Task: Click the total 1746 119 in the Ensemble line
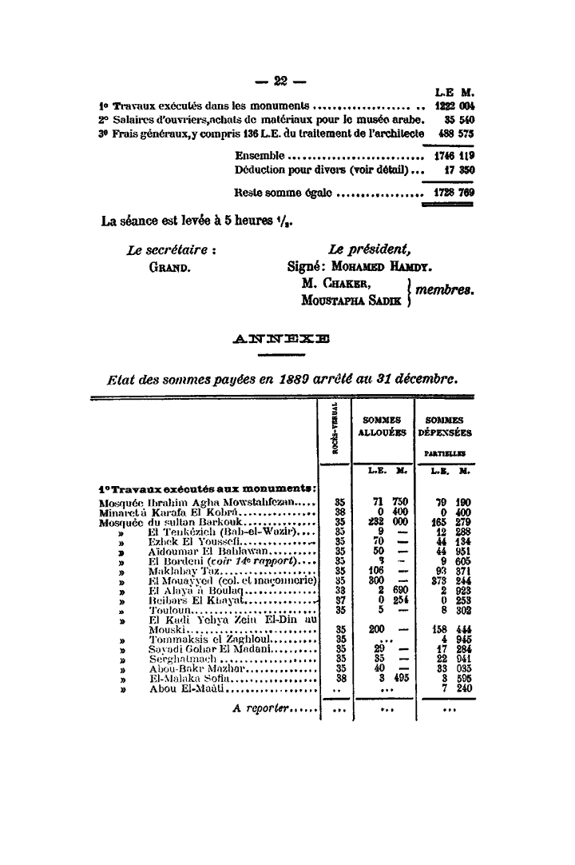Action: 453,155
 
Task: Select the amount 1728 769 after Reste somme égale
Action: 453,193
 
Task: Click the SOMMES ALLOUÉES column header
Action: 383,425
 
